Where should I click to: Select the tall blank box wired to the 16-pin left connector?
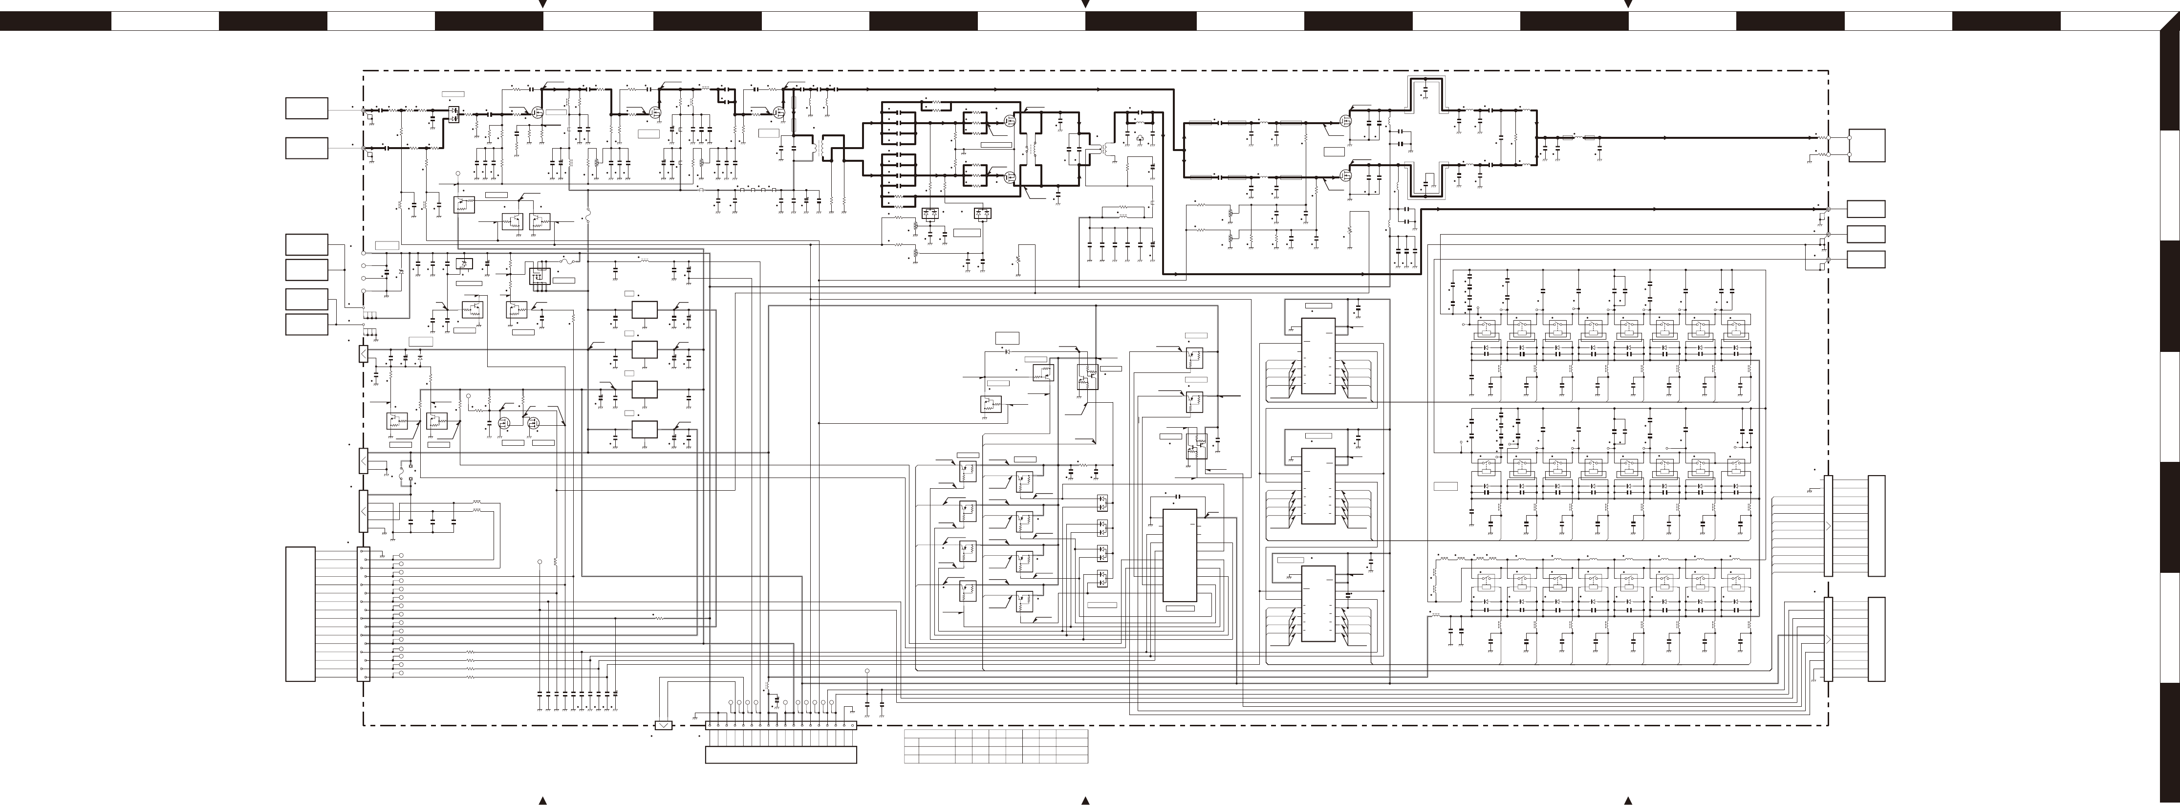pos(301,614)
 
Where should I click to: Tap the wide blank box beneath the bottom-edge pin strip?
pos(780,754)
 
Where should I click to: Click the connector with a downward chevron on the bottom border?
pos(664,725)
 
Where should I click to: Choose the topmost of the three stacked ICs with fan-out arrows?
pos(1317,355)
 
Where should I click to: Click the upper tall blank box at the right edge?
pos(1876,525)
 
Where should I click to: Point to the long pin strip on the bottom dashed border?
pos(780,725)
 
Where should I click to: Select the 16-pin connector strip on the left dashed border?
pos(365,614)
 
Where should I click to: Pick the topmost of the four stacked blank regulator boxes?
pos(645,310)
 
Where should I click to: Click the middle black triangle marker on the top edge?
pos(1086,5)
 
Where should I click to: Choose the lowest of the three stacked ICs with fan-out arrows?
pos(1317,604)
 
